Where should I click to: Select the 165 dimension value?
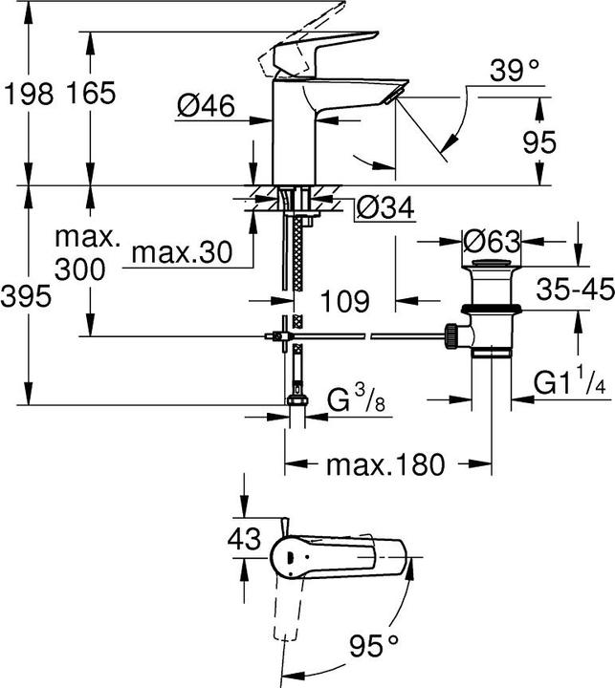point(91,93)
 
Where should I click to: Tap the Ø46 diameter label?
point(206,107)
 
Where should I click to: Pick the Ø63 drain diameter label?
point(491,238)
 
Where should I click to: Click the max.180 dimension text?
point(386,465)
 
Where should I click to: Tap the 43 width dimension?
point(245,538)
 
